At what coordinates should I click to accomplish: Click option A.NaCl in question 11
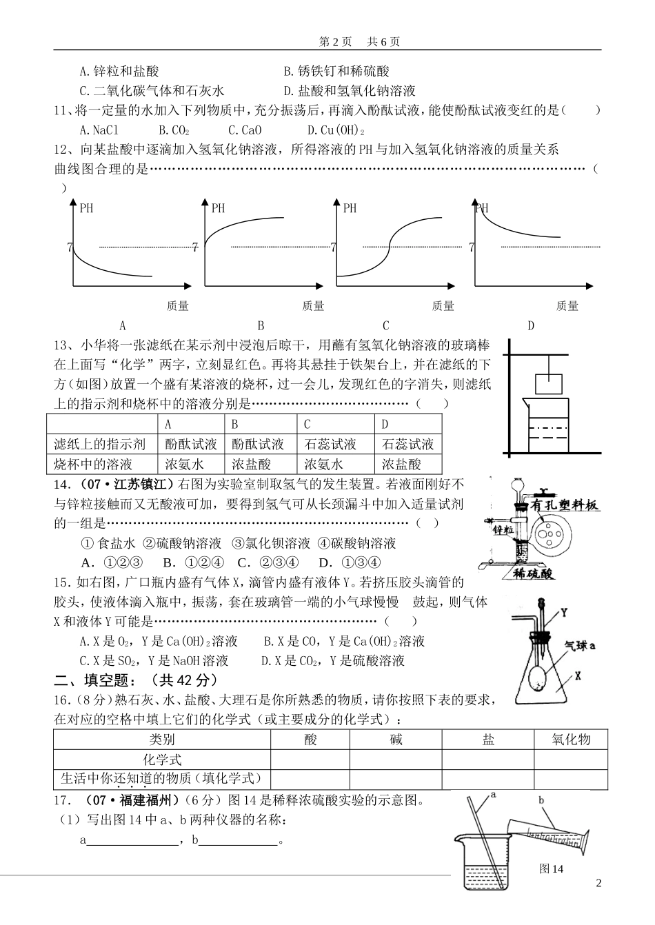tap(99, 130)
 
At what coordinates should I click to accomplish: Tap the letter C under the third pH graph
tap(386, 325)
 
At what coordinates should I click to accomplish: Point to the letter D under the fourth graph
tap(531, 325)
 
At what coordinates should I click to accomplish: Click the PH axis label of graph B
tap(218, 208)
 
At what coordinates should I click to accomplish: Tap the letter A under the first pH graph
tap(123, 325)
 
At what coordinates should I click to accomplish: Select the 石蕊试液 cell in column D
tap(407, 445)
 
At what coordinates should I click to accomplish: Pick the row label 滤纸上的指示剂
tap(100, 445)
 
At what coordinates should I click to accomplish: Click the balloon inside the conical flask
tap(538, 679)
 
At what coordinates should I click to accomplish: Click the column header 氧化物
tap(571, 740)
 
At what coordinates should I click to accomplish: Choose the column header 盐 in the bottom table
tap(488, 740)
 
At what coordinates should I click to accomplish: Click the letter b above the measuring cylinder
tap(541, 800)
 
